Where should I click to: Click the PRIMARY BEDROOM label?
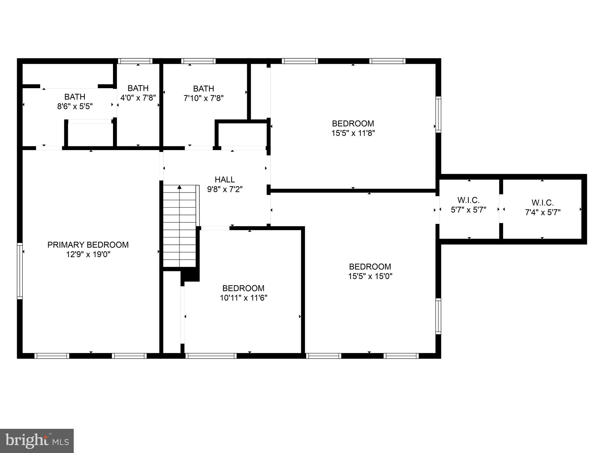pyautogui.click(x=88, y=245)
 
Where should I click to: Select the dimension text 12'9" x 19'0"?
pyautogui.click(x=88, y=255)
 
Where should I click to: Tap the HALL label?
pyautogui.click(x=225, y=180)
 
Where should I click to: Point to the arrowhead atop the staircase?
pyautogui.click(x=179, y=187)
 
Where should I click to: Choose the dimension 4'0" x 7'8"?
pyautogui.click(x=138, y=98)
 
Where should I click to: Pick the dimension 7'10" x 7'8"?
pyautogui.click(x=203, y=98)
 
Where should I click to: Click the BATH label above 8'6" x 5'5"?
pyautogui.click(x=75, y=97)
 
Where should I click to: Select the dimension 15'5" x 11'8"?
pyautogui.click(x=353, y=133)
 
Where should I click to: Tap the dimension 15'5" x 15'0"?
pyautogui.click(x=370, y=276)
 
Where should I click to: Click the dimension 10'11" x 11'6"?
pyautogui.click(x=244, y=298)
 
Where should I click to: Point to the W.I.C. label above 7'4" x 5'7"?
pyautogui.click(x=543, y=203)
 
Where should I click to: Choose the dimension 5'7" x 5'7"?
pyautogui.click(x=469, y=210)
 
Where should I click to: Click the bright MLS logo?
pyautogui.click(x=37, y=441)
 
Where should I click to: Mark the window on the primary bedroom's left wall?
pyautogui.click(x=20, y=271)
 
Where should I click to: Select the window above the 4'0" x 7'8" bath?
pyautogui.click(x=135, y=61)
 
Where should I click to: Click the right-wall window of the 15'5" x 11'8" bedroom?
pyautogui.click(x=438, y=114)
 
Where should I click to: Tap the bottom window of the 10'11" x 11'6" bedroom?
pyautogui.click(x=211, y=356)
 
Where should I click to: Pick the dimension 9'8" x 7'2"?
pyautogui.click(x=225, y=189)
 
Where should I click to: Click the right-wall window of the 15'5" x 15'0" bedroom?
pyautogui.click(x=438, y=316)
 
